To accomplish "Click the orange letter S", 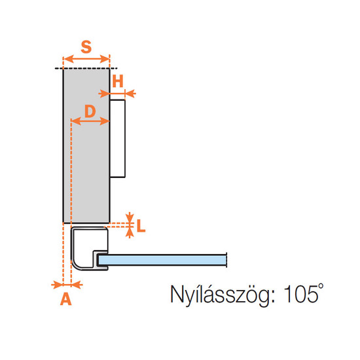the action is click(x=86, y=47).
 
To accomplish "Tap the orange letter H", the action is click(x=118, y=81).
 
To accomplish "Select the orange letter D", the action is click(x=90, y=111).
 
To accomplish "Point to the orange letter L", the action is click(x=141, y=226).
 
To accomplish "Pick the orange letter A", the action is click(x=66, y=299).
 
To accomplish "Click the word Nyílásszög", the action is click(x=220, y=295).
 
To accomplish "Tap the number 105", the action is click(x=301, y=294).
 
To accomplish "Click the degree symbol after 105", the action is click(x=321, y=287).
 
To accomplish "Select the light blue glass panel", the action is click(x=162, y=260).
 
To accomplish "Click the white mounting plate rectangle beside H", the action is click(x=118, y=139).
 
